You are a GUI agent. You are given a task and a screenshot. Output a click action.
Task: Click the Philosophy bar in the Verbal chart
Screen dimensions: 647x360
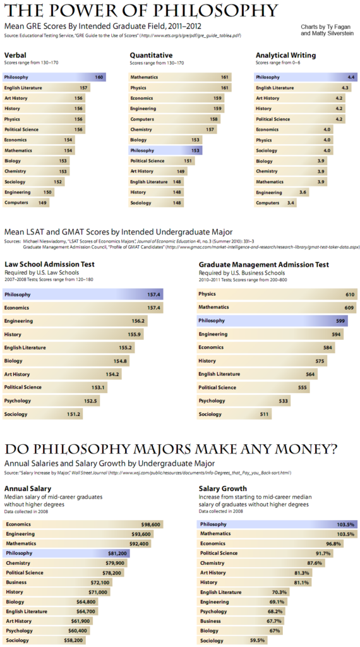point(54,77)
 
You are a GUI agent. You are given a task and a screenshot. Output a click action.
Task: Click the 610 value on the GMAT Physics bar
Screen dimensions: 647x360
point(349,294)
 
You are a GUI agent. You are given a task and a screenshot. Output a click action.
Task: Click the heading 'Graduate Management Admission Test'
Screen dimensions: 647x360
point(263,264)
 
